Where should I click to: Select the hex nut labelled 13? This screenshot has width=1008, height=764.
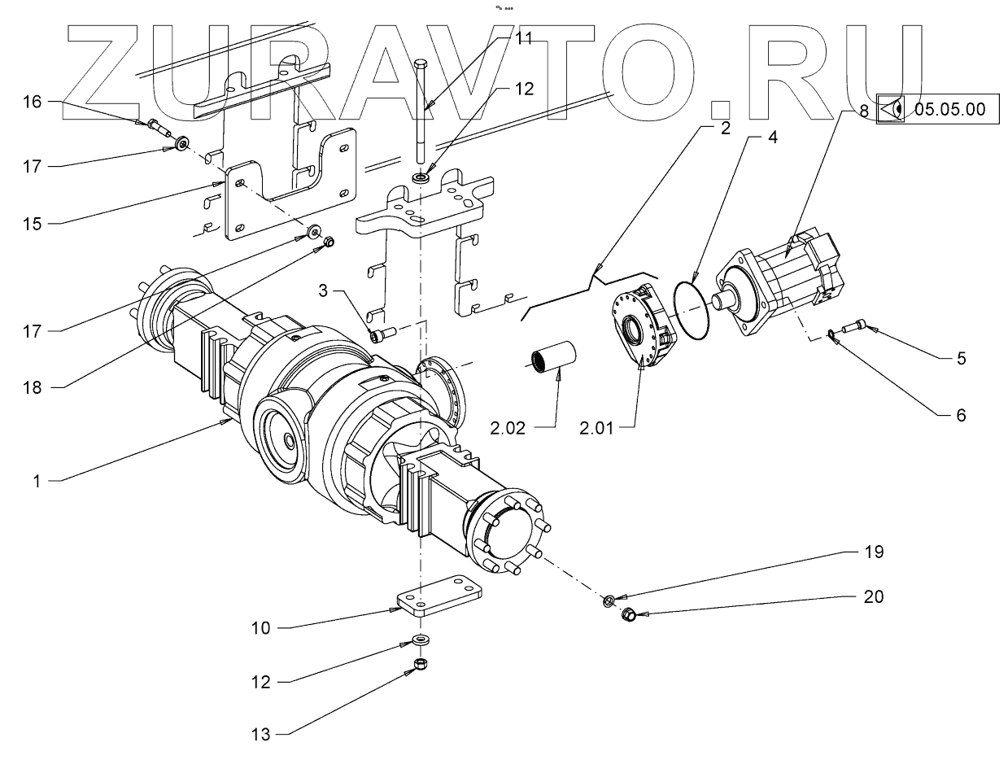[421, 665]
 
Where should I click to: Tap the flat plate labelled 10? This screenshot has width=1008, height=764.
[435, 596]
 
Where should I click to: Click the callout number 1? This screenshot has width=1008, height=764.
[36, 481]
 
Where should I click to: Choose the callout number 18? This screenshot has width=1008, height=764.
[32, 388]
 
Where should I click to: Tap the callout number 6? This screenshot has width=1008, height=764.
[961, 415]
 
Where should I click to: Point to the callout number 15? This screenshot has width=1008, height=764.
[32, 222]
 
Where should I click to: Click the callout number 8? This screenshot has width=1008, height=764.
[864, 109]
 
